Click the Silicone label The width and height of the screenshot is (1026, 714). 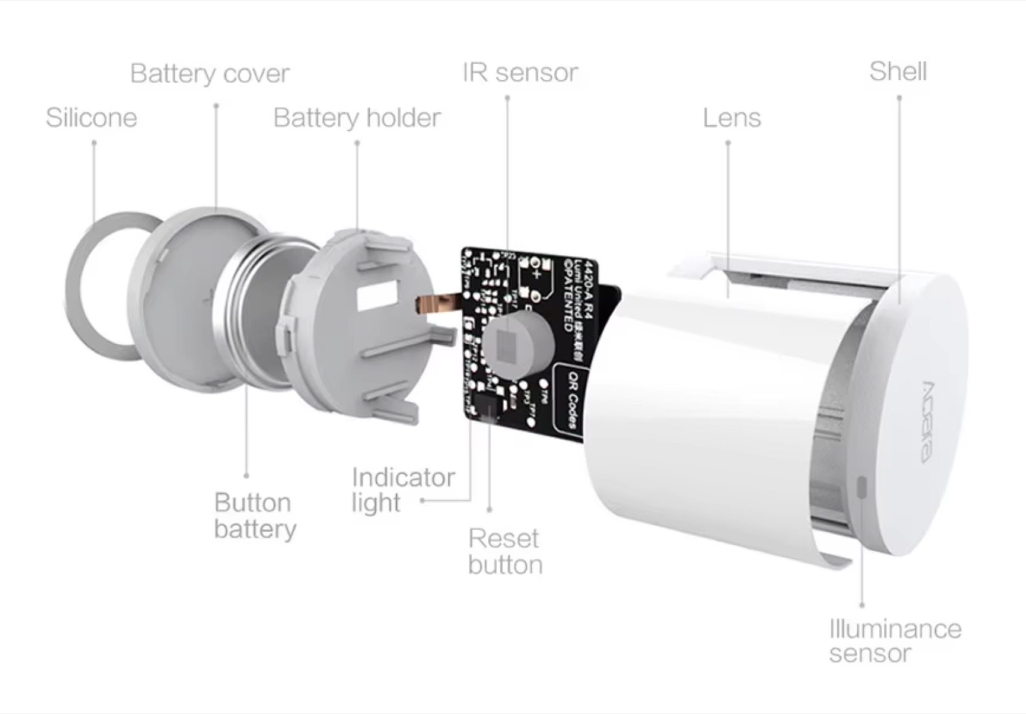(x=91, y=118)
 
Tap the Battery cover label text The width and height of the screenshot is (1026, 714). (x=209, y=74)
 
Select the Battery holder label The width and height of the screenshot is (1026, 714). (x=357, y=118)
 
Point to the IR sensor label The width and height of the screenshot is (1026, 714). (x=520, y=73)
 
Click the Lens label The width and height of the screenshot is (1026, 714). (x=732, y=118)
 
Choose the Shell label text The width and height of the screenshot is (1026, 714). (x=898, y=71)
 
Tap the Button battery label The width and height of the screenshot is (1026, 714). (x=255, y=516)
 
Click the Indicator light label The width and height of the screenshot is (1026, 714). (x=402, y=490)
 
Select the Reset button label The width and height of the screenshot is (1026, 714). (x=505, y=552)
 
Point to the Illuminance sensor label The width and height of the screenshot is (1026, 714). (x=895, y=641)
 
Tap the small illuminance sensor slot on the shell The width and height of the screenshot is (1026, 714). (x=862, y=487)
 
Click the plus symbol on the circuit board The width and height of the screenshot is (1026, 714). (x=536, y=274)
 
